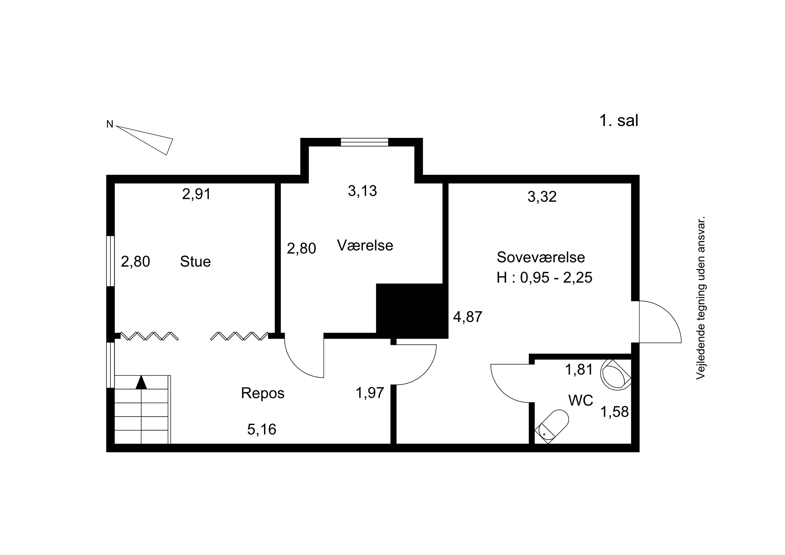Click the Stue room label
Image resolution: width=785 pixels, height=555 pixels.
click(195, 262)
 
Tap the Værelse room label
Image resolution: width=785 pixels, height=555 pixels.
click(365, 245)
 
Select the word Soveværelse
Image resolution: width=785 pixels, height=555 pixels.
click(541, 257)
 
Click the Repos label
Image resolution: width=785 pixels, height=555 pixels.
click(262, 393)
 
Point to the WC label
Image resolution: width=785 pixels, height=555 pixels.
click(581, 400)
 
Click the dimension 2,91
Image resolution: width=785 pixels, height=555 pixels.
click(196, 194)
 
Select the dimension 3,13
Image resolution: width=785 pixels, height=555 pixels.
click(362, 191)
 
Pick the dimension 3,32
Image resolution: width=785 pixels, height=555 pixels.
click(542, 197)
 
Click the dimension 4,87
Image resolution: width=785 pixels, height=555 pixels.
click(468, 317)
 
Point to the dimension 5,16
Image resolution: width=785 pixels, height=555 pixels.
click(262, 429)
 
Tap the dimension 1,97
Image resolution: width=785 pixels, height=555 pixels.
click(370, 393)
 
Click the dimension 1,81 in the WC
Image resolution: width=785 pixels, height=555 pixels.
click(579, 370)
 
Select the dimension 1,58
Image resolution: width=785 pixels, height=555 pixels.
click(615, 412)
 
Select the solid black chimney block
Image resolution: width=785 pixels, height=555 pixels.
click(412, 311)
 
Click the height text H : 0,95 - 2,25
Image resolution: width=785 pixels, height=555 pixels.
click(544, 277)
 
